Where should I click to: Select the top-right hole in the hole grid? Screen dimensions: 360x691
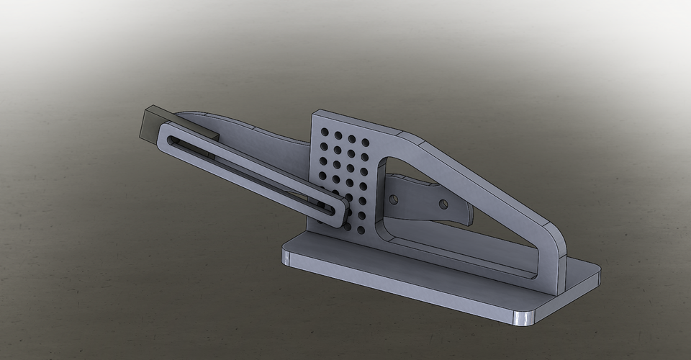click(x=351, y=139)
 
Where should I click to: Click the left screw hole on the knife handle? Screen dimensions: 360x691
click(x=393, y=197)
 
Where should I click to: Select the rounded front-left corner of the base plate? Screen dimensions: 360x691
click(x=286, y=257)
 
